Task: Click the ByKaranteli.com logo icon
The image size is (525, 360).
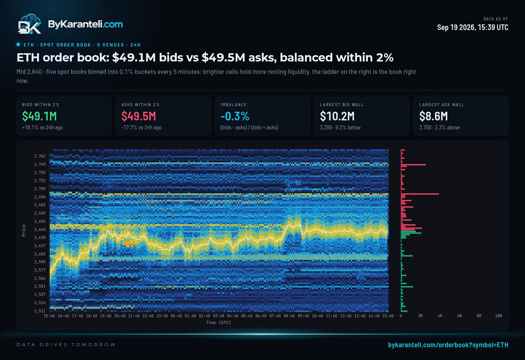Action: pyautogui.click(x=30, y=24)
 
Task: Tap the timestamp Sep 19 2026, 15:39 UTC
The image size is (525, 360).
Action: pyautogui.click(x=472, y=27)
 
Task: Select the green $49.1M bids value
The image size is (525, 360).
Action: pyautogui.click(x=39, y=116)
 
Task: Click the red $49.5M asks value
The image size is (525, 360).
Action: pyautogui.click(x=138, y=116)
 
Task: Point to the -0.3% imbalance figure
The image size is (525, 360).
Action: pyautogui.click(x=235, y=116)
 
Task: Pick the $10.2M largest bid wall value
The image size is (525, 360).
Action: pyautogui.click(x=337, y=116)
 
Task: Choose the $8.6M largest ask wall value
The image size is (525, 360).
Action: pyautogui.click(x=433, y=116)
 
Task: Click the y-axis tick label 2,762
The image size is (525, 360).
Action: pyautogui.click(x=40, y=156)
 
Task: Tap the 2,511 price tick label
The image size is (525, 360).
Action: pyautogui.click(x=40, y=311)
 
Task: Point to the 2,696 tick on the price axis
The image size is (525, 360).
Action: pyautogui.click(x=40, y=197)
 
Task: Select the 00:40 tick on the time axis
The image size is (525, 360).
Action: pyautogui.click(x=176, y=316)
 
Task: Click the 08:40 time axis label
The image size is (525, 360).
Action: pyautogui.click(x=289, y=316)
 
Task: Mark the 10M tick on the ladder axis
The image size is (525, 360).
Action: pyautogui.click(x=498, y=316)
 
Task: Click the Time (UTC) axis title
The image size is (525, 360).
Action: pyautogui.click(x=218, y=323)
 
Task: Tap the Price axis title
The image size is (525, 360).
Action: pyautogui.click(x=24, y=231)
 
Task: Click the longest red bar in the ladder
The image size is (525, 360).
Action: pyautogui.click(x=420, y=194)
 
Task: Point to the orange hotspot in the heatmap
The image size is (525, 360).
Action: pyautogui.click(x=129, y=244)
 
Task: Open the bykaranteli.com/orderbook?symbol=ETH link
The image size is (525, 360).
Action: pyautogui.click(x=448, y=345)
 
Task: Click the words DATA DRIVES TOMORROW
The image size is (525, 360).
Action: pyautogui.click(x=66, y=345)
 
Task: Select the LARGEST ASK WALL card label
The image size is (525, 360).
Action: pyautogui.click(x=442, y=105)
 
